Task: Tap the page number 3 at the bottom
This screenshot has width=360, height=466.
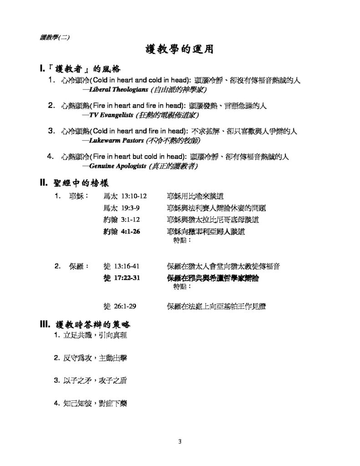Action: click(180, 441)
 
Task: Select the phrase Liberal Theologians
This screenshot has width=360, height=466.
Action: click(117, 90)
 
